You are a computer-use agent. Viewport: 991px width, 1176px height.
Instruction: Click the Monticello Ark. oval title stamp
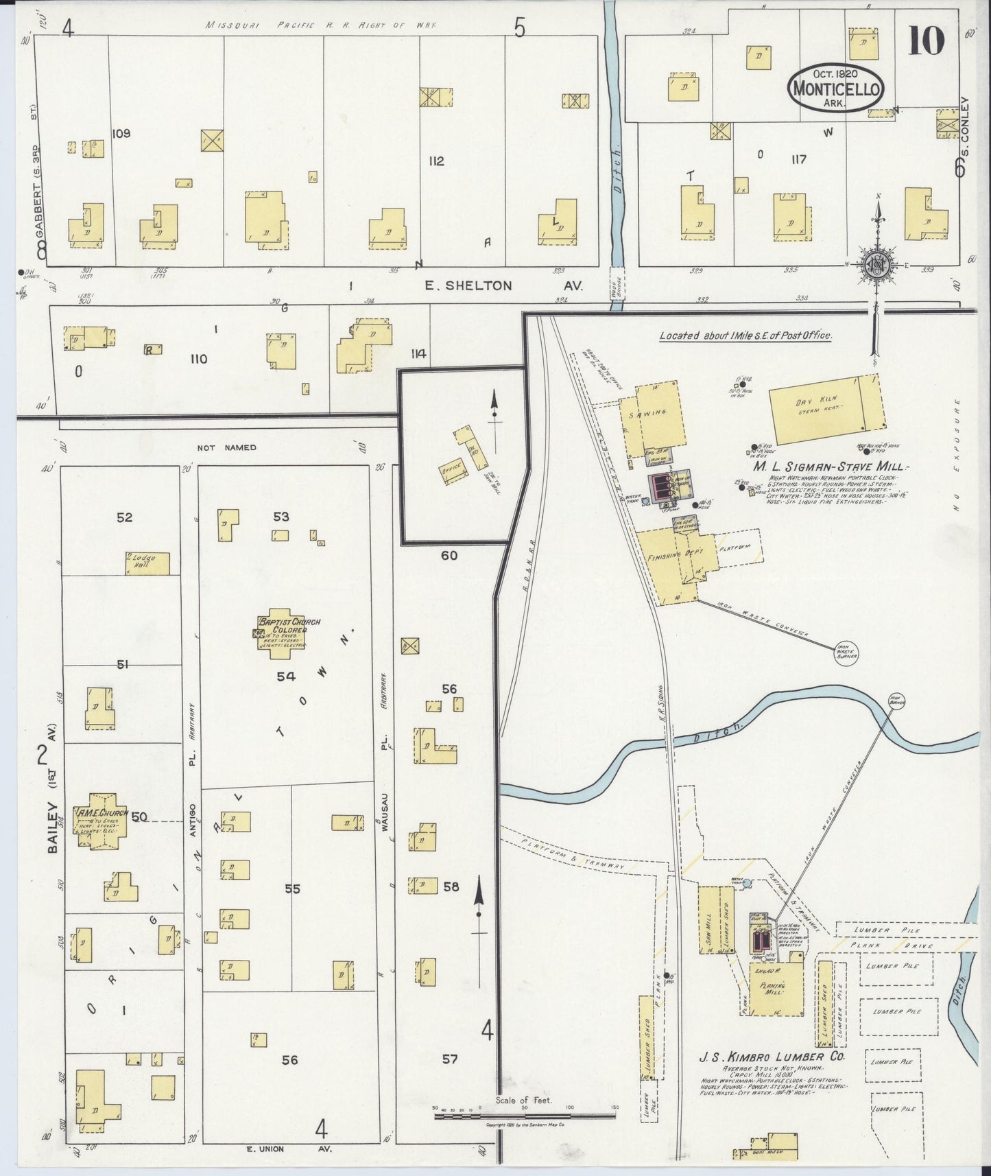(x=835, y=87)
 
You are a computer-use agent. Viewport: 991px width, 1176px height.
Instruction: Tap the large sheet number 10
(x=926, y=40)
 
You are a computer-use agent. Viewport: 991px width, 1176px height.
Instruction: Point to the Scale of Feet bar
(x=525, y=1117)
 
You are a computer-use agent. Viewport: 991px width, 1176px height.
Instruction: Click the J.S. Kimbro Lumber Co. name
(x=772, y=1076)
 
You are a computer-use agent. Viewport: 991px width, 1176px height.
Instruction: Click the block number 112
(x=435, y=161)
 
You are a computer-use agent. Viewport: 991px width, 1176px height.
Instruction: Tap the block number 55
(x=292, y=889)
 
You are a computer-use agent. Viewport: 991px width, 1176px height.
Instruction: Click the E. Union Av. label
(x=274, y=1149)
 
